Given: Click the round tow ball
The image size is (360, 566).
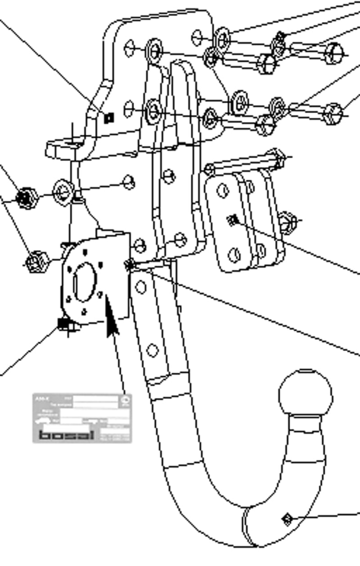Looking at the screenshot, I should [306, 394].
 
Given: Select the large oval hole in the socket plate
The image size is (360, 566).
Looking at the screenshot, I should [84, 282].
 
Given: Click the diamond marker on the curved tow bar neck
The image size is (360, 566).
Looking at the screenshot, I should [287, 519].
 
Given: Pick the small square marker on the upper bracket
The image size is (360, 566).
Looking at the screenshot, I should [108, 118].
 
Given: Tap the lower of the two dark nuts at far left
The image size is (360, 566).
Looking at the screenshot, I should [36, 262].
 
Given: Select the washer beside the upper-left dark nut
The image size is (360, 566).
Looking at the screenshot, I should [62, 192].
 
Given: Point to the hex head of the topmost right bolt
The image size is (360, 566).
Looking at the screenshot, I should [334, 53].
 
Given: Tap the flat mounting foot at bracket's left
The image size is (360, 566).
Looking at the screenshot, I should [66, 148].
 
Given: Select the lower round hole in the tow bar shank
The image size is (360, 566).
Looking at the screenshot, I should [152, 350].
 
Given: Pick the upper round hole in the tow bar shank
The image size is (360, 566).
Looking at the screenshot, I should [141, 287].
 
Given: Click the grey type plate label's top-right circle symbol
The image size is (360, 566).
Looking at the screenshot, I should [125, 401].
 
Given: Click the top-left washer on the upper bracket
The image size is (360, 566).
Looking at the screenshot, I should [154, 50].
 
